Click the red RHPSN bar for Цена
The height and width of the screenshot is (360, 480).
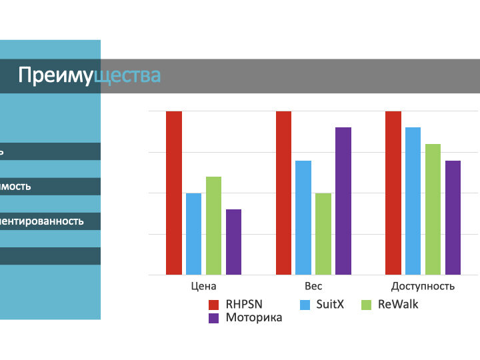coord(174,193)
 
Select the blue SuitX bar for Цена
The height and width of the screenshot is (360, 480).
coord(193,233)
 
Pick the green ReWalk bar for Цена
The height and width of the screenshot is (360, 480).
coord(213,225)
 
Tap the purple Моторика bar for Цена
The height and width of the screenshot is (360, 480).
coord(233,241)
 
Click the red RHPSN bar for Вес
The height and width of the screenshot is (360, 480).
coord(283,193)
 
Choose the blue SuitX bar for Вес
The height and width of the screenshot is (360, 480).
coord(303,217)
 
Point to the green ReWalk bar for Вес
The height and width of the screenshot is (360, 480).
coord(323,233)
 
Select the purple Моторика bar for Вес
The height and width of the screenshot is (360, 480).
coord(343,201)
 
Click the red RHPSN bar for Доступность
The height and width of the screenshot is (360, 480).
coord(393,193)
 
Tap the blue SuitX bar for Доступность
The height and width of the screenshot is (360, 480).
coord(413,201)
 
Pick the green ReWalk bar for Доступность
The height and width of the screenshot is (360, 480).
coord(433,209)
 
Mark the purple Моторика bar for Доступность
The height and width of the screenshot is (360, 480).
coord(453,217)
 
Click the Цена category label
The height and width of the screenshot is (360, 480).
coord(203,286)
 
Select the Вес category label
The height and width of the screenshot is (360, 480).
coord(313,286)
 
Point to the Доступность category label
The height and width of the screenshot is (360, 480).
coord(423,286)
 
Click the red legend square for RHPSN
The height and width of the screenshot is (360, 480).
coord(215,305)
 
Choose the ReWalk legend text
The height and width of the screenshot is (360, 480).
coord(398,304)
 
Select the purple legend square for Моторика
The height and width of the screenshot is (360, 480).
coord(215,318)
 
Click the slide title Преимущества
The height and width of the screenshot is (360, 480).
coord(89,75)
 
